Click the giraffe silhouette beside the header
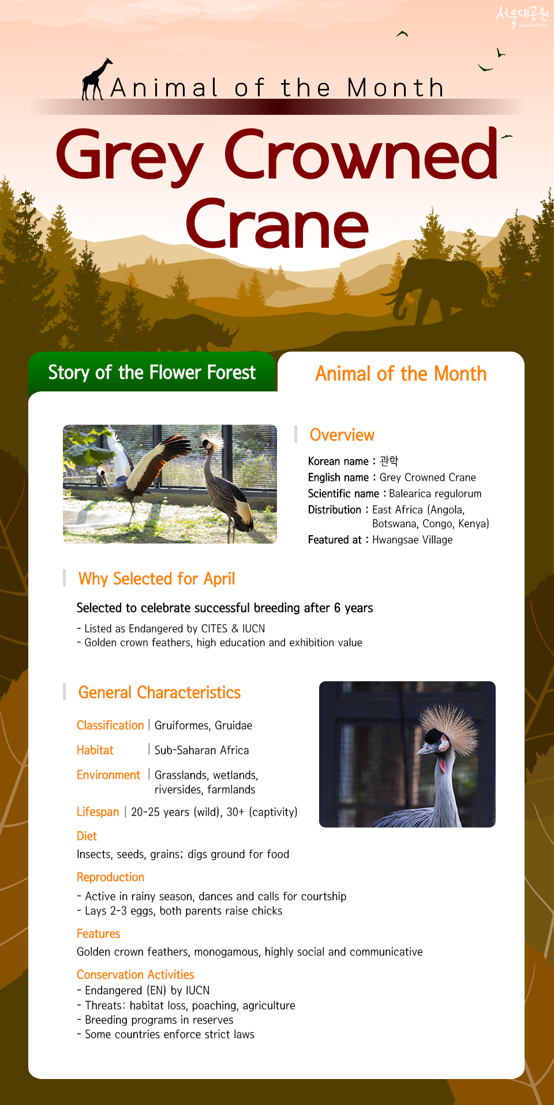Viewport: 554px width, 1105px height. (95, 80)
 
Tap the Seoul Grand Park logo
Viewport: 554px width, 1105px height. (522, 16)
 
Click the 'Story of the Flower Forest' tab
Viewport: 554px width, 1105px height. (152, 372)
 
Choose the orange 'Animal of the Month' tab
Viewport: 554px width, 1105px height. (400, 374)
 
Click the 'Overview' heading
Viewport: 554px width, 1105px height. (342, 435)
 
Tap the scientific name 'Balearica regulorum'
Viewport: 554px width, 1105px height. (435, 494)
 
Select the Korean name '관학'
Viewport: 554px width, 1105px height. (389, 461)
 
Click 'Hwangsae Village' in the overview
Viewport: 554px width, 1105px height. (413, 540)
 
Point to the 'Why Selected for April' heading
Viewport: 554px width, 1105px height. (156, 578)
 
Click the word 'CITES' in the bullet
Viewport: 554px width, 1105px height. (214, 629)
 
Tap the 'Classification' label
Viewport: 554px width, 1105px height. (110, 725)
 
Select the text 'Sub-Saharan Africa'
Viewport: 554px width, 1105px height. (202, 750)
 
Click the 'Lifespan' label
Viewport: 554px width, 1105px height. (98, 812)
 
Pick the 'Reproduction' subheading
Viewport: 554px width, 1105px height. (111, 877)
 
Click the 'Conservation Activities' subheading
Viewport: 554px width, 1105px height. (136, 975)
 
